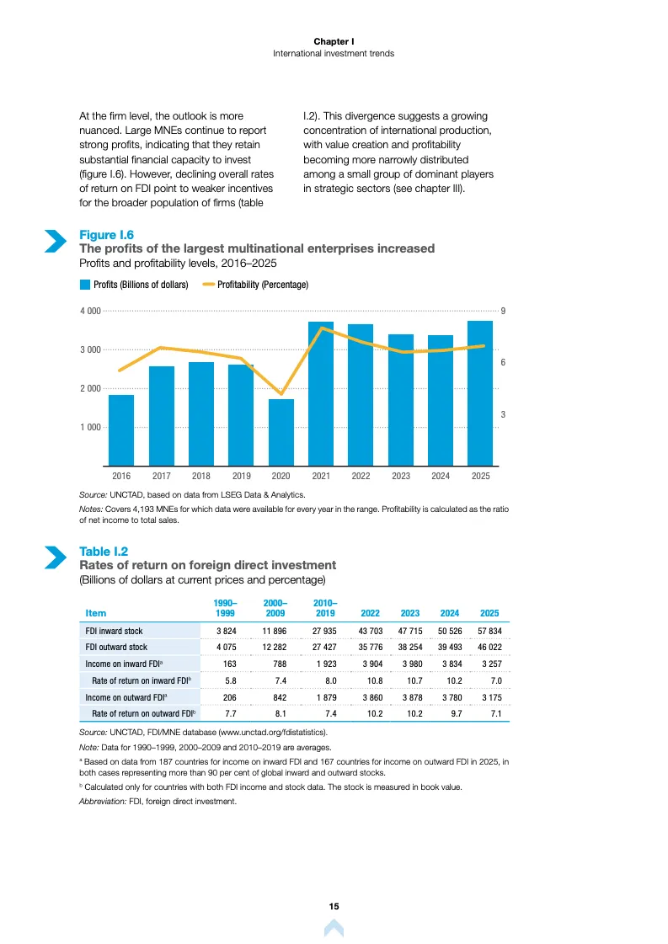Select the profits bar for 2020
click(281, 432)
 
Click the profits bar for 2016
click(121, 430)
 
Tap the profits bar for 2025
click(480, 393)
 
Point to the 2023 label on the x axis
click(401, 476)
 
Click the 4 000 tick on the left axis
click(90, 311)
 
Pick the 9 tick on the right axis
click(503, 311)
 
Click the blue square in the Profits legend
click(85, 284)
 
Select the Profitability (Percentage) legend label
click(263, 284)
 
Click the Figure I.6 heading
click(107, 235)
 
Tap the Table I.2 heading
click(104, 552)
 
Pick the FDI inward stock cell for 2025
click(489, 631)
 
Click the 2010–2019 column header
click(325, 608)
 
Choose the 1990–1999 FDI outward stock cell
click(227, 648)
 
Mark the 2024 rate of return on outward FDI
click(457, 713)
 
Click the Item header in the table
click(96, 613)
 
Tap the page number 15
click(334, 906)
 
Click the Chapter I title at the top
click(334, 41)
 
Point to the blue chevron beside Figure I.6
click(56, 241)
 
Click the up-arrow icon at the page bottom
click(334, 928)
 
